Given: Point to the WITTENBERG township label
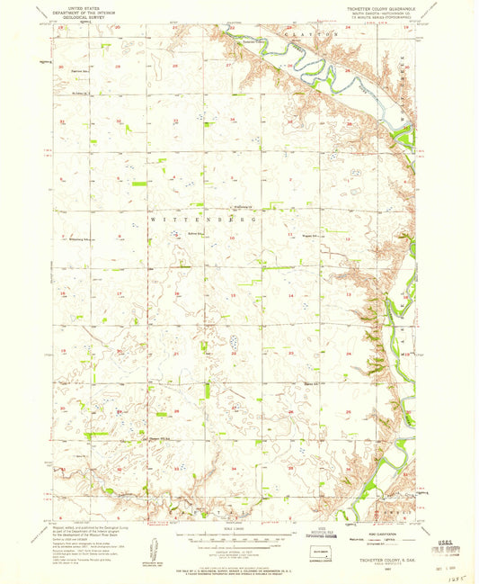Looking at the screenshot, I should (x=202, y=219).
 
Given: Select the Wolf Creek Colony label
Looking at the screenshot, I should (x=236, y=204).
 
